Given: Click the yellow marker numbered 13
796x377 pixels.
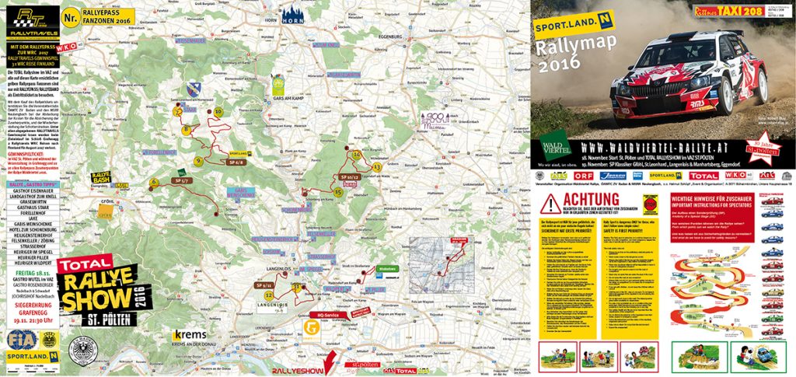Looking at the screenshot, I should click(376, 166).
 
